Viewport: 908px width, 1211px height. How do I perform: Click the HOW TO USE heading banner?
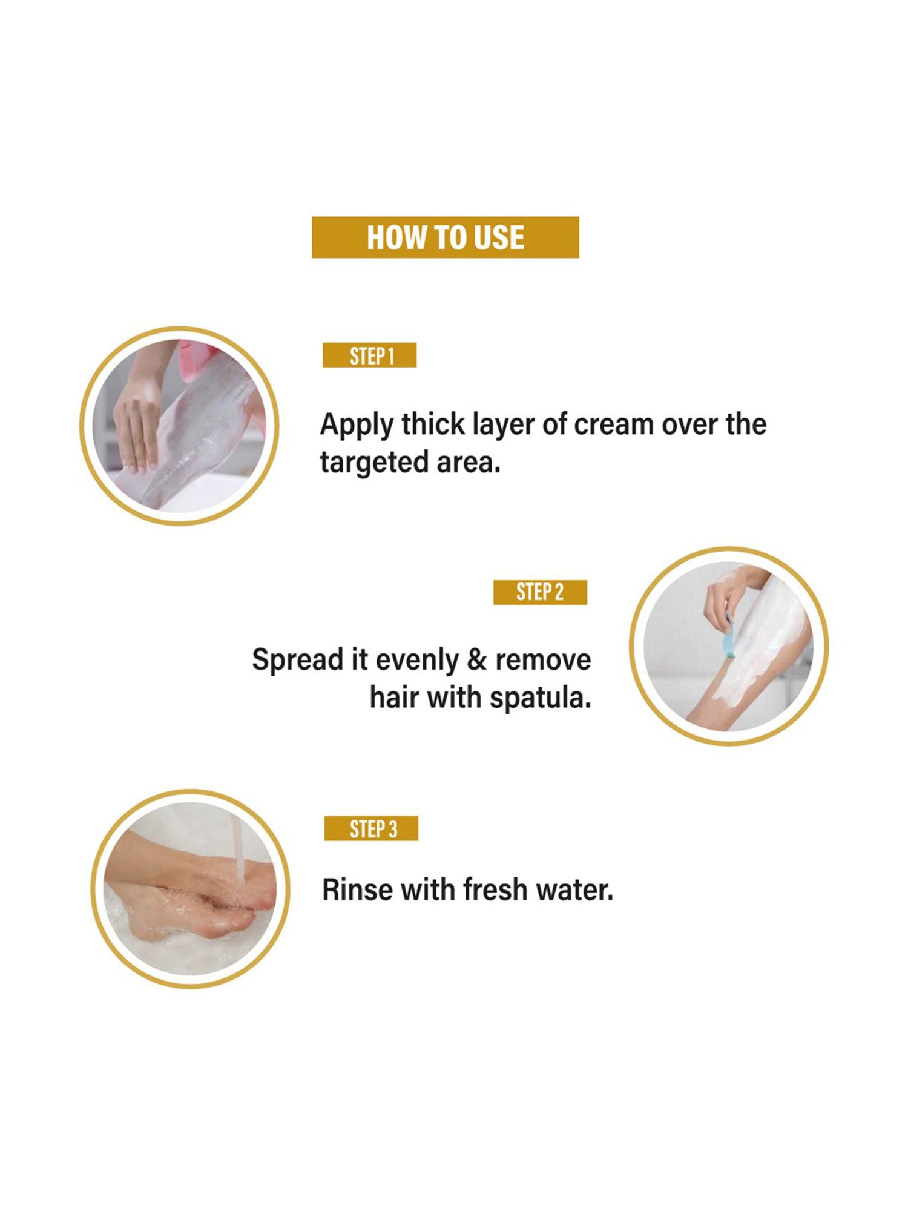[445, 237]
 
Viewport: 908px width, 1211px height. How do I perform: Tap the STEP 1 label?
[370, 355]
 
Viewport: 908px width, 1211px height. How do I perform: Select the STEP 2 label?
[540, 592]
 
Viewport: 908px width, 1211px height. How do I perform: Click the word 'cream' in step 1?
[613, 424]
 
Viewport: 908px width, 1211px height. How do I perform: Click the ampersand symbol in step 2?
[476, 659]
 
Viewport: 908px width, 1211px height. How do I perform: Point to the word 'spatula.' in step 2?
[540, 698]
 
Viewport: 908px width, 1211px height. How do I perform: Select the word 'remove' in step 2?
[543, 659]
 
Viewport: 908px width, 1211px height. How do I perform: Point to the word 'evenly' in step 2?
[416, 661]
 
